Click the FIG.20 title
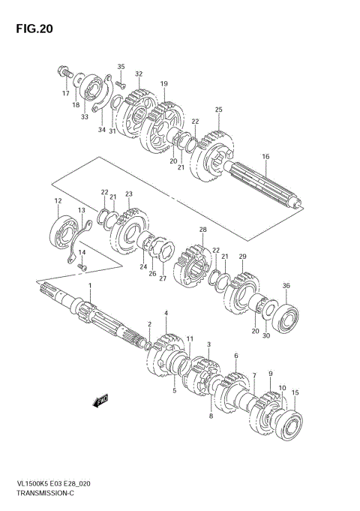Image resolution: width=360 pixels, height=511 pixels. (x=31, y=29)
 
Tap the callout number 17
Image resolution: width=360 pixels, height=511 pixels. (x=65, y=94)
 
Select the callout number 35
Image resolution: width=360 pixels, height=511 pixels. (x=121, y=67)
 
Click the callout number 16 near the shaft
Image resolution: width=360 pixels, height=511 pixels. (x=265, y=156)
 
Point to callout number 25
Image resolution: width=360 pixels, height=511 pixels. (x=218, y=110)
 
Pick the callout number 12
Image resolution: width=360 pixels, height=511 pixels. (x=57, y=200)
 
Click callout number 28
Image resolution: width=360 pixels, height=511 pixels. (x=202, y=229)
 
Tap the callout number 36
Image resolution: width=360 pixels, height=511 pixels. (x=285, y=285)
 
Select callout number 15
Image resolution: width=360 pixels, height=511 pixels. (x=295, y=392)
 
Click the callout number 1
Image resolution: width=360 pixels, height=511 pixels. (x=89, y=287)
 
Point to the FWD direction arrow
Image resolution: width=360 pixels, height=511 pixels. (x=100, y=403)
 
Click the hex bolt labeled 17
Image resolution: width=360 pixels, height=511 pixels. (x=62, y=74)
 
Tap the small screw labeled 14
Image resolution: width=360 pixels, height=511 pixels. (x=83, y=267)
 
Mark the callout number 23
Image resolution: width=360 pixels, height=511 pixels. (x=128, y=194)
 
